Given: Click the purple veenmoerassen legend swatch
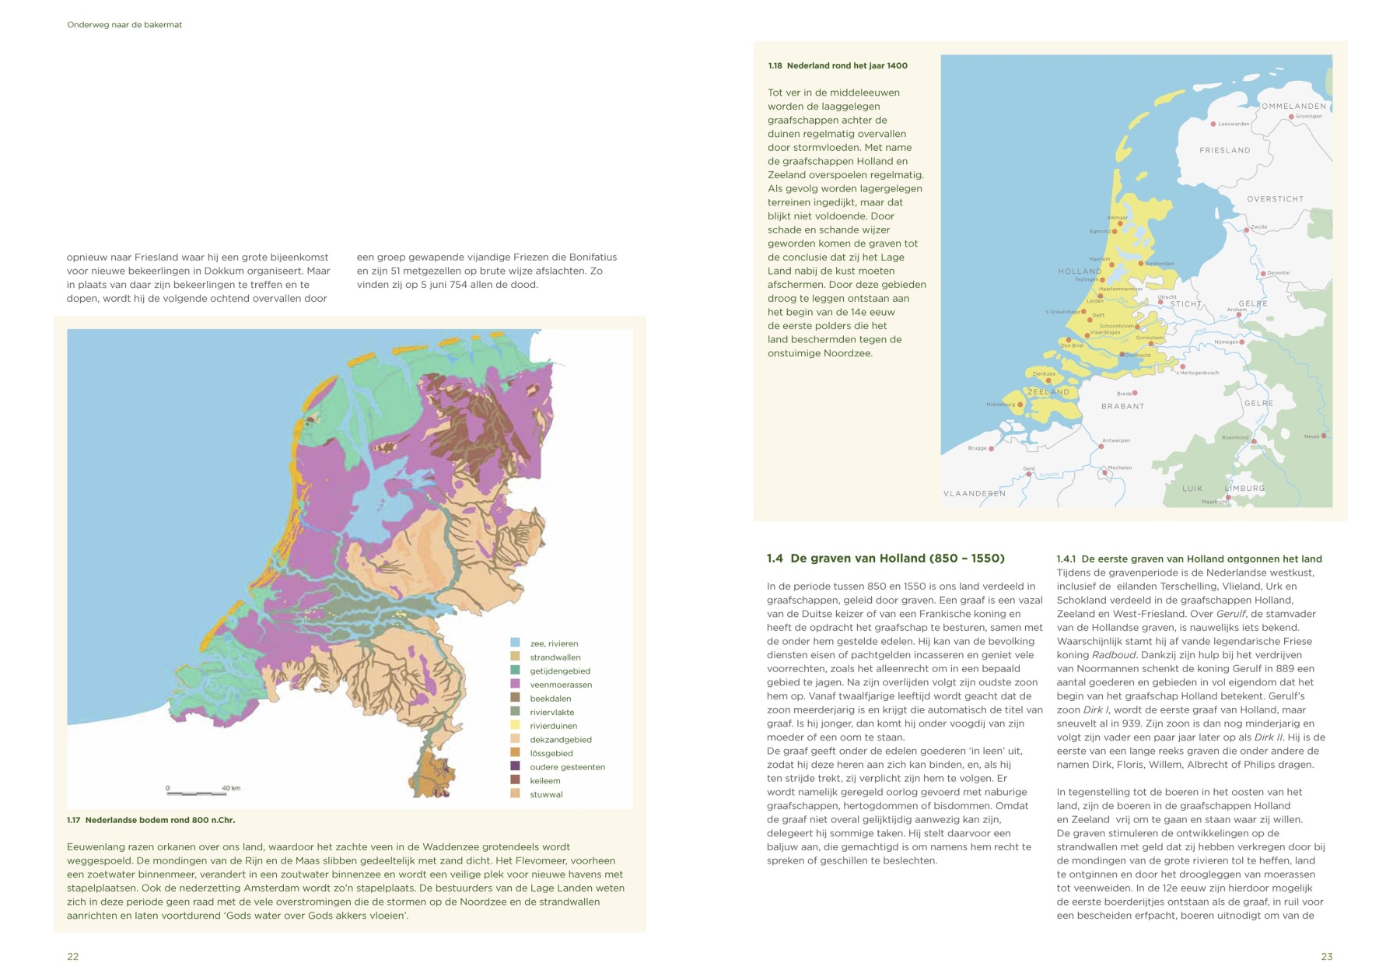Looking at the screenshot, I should point(515,685).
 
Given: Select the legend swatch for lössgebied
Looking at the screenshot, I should point(515,753).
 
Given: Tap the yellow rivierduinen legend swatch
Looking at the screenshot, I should point(515,726).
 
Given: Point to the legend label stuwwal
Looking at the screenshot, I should point(546,794).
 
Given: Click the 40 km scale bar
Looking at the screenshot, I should point(198,793).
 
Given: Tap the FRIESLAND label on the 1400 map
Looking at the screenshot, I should point(1224,150).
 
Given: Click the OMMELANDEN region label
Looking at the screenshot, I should point(1293,106).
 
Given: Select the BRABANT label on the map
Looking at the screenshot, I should point(1122,406).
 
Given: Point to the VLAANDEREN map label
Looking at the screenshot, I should point(975,493).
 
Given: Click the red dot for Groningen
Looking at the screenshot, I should point(1291,117).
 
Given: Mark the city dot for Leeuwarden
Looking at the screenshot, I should point(1213,124).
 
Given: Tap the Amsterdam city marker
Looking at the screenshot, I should point(1141,264).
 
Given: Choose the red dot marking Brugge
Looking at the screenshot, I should point(991,449).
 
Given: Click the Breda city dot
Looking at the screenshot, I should point(1135,393).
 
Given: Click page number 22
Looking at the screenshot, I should point(72,956).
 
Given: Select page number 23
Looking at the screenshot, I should point(1326,956).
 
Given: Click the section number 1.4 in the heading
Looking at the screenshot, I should point(775,558).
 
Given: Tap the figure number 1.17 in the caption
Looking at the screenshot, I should point(74,820).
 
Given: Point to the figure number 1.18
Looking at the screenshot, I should point(775,65).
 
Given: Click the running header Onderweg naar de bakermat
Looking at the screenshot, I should point(124,25).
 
